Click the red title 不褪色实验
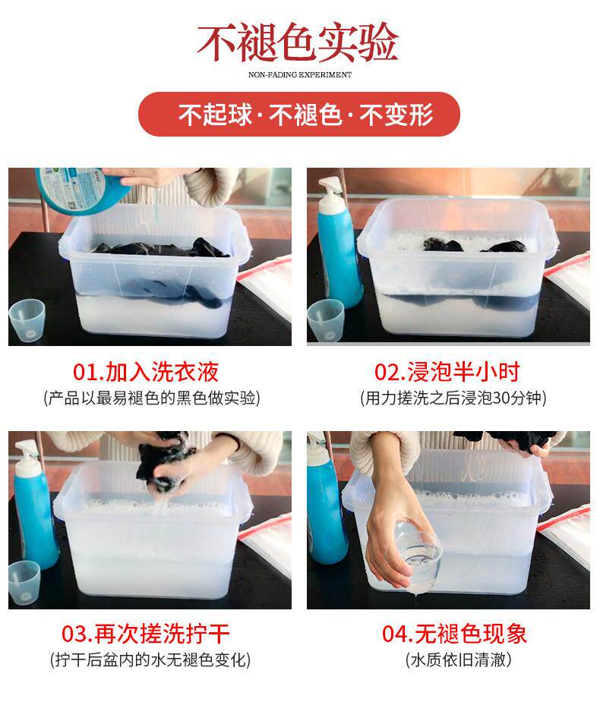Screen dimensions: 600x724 [298, 42]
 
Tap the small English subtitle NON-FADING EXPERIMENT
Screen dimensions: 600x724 [300, 75]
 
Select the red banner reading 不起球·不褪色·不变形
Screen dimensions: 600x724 [299, 114]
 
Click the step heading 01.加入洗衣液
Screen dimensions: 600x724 [146, 372]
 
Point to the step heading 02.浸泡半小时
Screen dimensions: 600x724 [447, 372]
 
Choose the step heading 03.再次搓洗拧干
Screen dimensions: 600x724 [146, 634]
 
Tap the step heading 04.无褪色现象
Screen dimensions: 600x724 [454, 634]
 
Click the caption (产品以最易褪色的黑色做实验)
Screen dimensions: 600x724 [152, 398]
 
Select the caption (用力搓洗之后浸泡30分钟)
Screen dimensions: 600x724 [453, 398]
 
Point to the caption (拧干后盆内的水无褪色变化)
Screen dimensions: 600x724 [150, 659]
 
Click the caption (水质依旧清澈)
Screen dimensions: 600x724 [459, 659]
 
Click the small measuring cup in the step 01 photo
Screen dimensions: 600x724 [27, 321]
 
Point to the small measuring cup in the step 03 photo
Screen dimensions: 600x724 [24, 583]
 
